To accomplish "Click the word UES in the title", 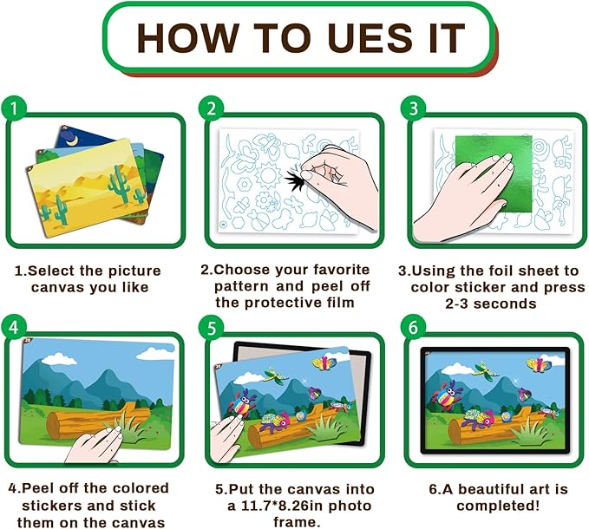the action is [x=370, y=37].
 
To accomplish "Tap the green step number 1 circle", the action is [x=14, y=108].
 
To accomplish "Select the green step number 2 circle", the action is [x=212, y=108].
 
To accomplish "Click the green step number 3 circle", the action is [x=413, y=108].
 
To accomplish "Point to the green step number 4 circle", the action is [x=14, y=327].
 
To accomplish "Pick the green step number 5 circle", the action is [x=212, y=328].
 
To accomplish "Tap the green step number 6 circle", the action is [x=413, y=327].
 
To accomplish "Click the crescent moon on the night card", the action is [x=73, y=140].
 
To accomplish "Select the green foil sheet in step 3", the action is [x=494, y=173].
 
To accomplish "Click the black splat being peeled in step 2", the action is [x=295, y=179].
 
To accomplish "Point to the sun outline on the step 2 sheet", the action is [x=269, y=175].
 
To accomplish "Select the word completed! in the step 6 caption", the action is [x=498, y=506].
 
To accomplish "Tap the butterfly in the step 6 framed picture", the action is [x=540, y=365].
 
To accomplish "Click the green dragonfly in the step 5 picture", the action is [x=276, y=376].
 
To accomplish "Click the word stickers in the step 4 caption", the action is [x=61, y=506].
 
